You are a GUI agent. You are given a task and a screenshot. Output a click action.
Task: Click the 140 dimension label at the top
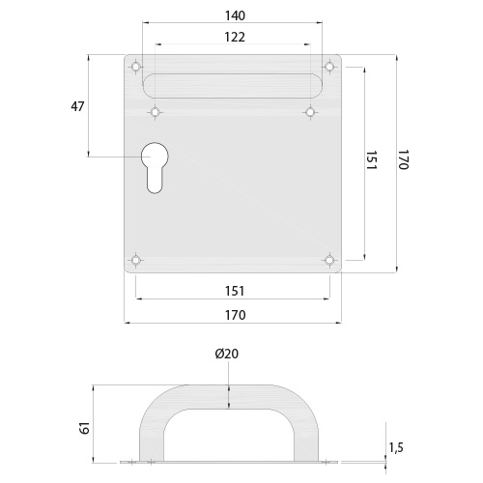click(x=235, y=15)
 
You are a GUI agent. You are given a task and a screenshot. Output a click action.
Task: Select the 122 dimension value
click(x=235, y=37)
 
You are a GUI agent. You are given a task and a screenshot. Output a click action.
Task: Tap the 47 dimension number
click(x=77, y=106)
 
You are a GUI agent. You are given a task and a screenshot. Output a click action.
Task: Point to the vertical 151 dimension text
click(x=371, y=160)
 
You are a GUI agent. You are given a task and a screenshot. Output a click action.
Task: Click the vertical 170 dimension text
click(x=403, y=159)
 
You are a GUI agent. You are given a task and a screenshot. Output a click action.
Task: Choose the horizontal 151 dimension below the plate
click(x=235, y=291)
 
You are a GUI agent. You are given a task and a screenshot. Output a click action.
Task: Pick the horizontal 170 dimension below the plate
click(x=235, y=315)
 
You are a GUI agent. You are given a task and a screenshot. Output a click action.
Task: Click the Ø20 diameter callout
click(x=227, y=354)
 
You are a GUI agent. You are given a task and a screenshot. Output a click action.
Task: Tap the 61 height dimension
click(x=85, y=429)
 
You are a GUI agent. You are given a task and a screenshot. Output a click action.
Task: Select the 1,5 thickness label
click(x=396, y=447)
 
